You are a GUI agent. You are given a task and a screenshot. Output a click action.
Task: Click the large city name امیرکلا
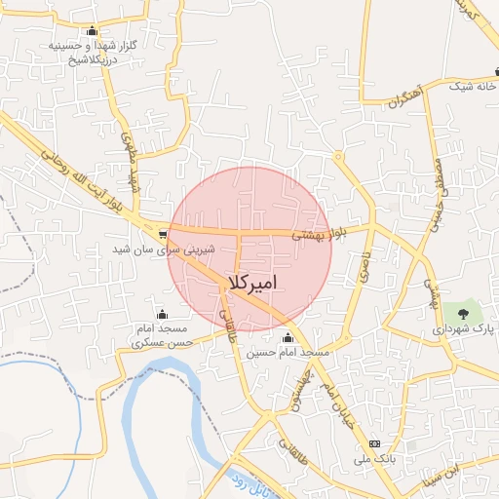point(251,282)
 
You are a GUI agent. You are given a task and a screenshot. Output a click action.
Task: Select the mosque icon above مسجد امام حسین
point(288,338)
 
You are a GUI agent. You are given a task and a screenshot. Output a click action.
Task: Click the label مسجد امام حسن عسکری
point(162,336)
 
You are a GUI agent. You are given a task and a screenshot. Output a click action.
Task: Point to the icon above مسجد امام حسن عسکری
point(162,314)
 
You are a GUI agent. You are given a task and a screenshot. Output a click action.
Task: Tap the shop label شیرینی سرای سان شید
point(163,249)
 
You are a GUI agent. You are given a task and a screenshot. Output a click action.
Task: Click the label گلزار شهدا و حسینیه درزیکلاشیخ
point(92,52)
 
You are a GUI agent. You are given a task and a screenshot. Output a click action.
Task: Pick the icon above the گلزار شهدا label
point(92,30)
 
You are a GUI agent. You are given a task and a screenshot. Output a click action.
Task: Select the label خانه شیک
point(474,86)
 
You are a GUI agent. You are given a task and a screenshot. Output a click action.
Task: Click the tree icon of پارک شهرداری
point(462,313)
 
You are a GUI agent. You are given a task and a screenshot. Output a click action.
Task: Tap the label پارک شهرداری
point(464,329)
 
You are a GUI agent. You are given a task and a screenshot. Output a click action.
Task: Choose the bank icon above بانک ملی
point(374,443)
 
